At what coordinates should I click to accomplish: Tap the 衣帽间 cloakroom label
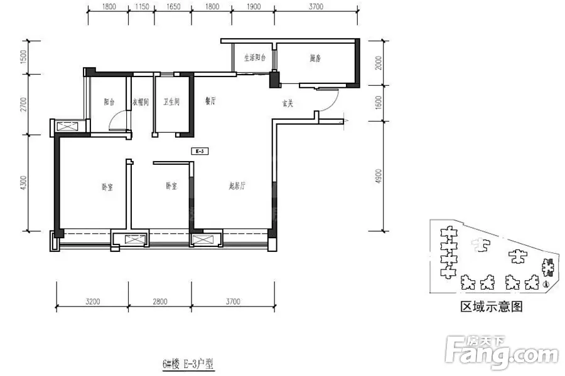140,103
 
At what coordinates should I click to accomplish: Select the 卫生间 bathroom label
171,103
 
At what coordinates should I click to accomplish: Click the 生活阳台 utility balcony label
256,58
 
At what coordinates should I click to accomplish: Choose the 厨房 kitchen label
316,58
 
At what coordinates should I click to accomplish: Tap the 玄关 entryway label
288,104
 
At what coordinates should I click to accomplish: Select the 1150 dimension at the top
142,7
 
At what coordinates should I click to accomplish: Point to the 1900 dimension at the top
254,7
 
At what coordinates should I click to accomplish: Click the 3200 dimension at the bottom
92,301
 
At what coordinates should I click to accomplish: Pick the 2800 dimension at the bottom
160,301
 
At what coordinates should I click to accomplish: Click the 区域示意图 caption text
492,307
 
